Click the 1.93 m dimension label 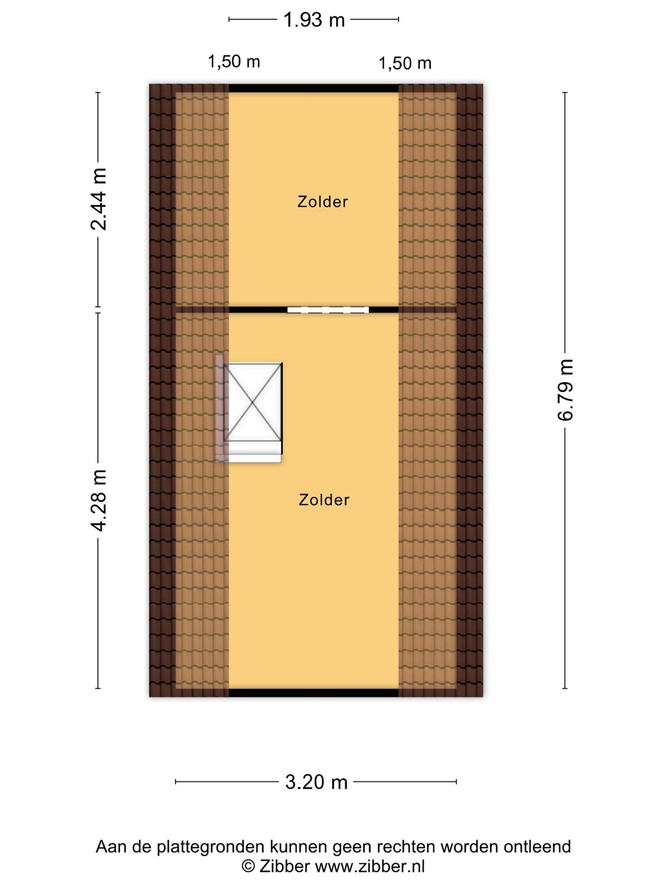coord(314,20)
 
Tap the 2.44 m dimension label coord(98,199)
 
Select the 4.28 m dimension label coord(98,500)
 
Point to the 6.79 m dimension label coord(565,390)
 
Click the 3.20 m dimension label coord(316,781)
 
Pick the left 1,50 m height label coord(234,61)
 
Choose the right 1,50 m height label coord(405,63)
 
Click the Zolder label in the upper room coord(322,202)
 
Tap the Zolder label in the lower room coord(324,500)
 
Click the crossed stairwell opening coord(253,402)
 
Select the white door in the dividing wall coord(328,309)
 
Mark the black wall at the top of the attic coord(314,88)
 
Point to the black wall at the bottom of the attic coord(314,692)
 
